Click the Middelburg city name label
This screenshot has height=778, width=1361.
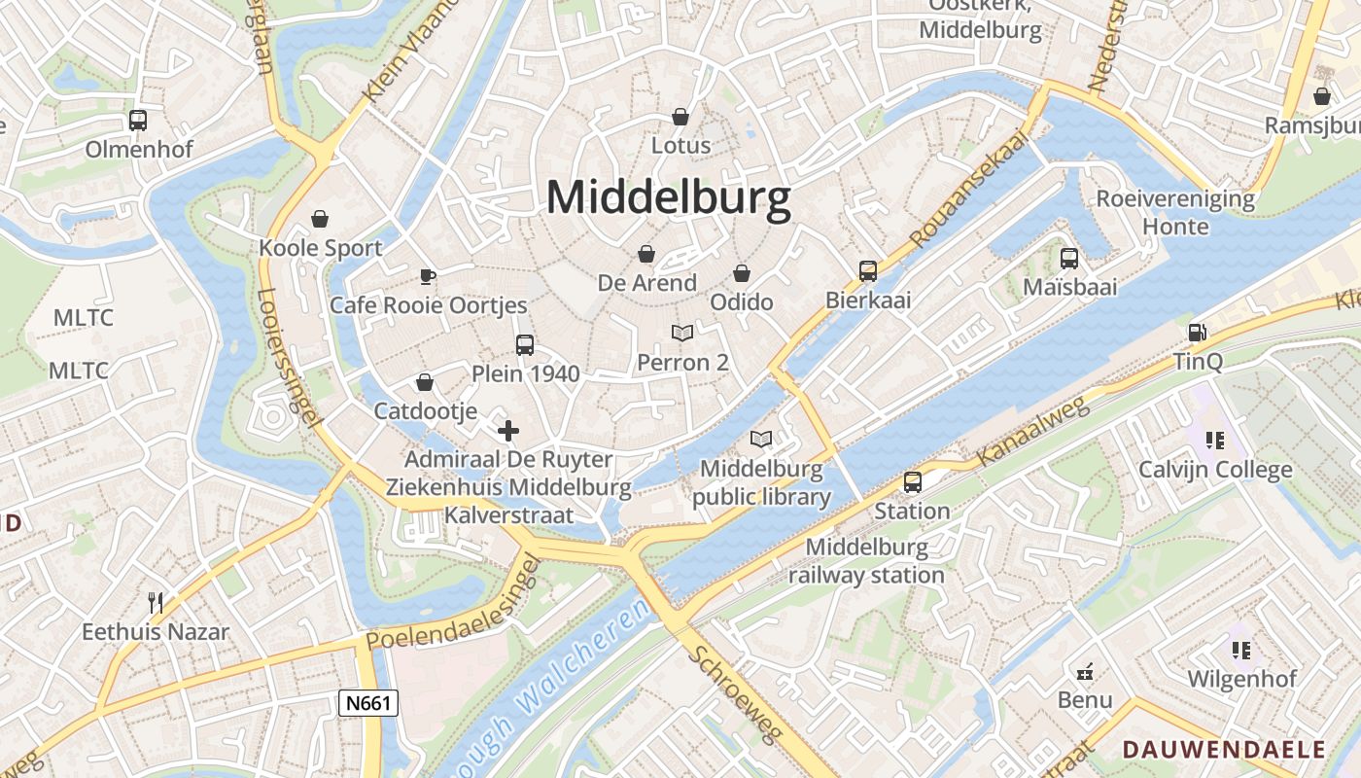point(668,198)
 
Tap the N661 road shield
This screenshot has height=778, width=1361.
point(369,703)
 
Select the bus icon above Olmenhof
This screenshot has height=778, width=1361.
point(138,121)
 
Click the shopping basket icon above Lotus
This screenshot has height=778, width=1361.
point(680,117)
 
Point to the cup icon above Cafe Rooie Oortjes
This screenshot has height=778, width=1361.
point(428,277)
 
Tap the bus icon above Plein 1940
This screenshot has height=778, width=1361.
point(525,344)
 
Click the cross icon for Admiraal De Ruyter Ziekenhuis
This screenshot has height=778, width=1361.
point(507,430)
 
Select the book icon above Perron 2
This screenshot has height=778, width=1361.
point(682,334)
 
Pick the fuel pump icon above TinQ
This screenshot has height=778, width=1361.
point(1197,333)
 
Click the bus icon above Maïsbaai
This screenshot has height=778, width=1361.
point(1069,258)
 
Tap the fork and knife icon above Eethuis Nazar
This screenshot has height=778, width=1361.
point(155,603)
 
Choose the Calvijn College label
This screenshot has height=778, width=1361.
point(1215,471)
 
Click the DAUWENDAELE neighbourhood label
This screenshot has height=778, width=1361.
point(1224,750)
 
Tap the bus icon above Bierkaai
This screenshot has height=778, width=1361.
point(868,270)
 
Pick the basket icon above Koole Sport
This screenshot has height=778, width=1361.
point(320,219)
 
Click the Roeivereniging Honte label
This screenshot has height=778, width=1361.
point(1175,213)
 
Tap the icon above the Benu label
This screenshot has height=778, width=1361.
point(1085,671)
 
